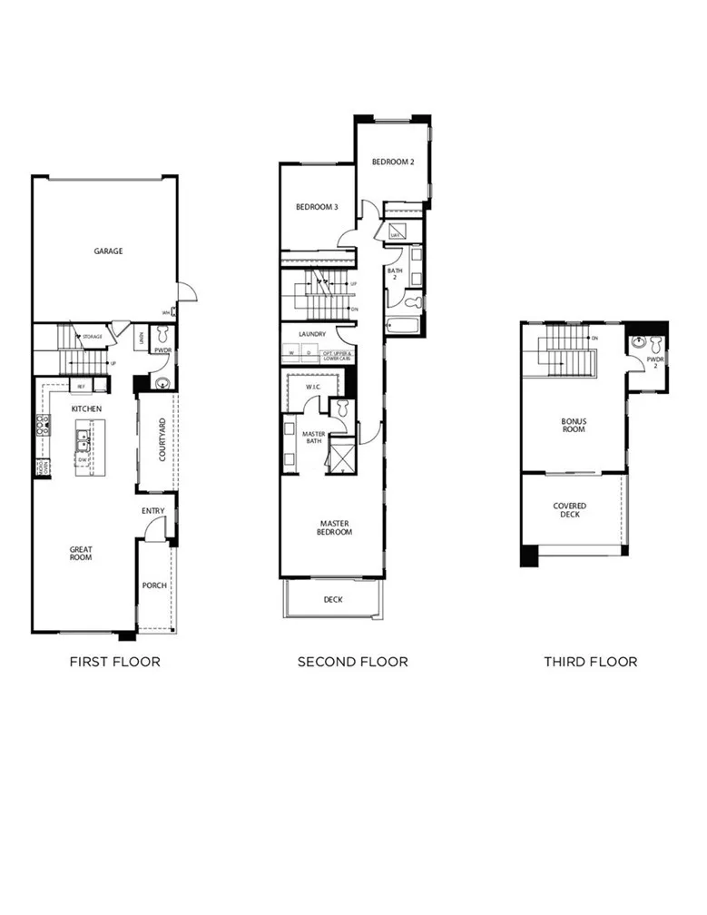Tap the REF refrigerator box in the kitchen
click(81, 386)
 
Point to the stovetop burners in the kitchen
click(42, 424)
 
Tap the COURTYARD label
click(162, 440)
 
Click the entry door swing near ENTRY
click(156, 532)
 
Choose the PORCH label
click(154, 585)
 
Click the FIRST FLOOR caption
click(114, 662)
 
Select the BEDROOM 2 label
click(393, 162)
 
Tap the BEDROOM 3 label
click(317, 208)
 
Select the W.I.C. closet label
click(314, 386)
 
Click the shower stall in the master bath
click(341, 455)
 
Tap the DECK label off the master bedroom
click(333, 599)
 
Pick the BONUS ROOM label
click(573, 425)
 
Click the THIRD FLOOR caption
click(590, 662)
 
